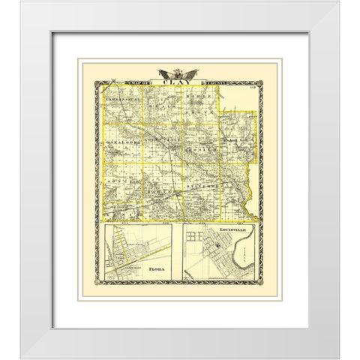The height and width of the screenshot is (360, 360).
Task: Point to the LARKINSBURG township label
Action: (124, 96)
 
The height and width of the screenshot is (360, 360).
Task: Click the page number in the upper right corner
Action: (253, 89)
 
